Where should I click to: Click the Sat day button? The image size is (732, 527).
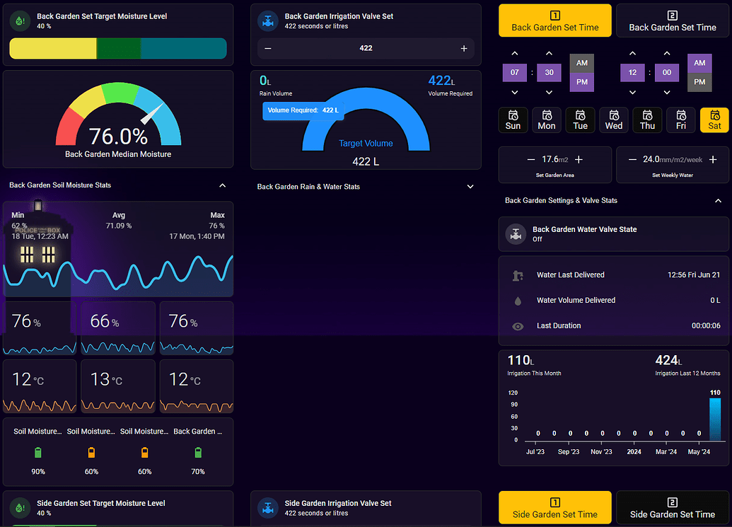714,120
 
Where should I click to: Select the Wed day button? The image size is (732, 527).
613,120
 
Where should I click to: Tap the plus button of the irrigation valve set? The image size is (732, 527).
463,49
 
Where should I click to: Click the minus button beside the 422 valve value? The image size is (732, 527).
268,49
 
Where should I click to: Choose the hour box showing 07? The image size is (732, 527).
514,72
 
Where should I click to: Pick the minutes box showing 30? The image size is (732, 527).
549,72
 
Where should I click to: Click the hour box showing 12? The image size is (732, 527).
632,72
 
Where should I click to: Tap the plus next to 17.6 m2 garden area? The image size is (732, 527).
579,160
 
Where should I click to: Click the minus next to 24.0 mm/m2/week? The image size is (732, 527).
632,160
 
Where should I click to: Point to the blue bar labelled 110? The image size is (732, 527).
715,419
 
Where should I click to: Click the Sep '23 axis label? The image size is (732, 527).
568,452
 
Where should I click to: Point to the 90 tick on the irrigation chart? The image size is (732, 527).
514,405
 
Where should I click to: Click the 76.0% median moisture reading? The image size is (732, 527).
118,137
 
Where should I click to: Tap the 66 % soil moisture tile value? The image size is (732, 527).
105,321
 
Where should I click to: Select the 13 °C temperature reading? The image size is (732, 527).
106,379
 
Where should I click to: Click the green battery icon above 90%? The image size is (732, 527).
38,452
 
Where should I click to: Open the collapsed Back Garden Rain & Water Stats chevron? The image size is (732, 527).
470,187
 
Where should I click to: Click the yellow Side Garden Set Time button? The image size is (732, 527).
555,507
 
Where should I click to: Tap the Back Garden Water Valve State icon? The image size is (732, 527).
516,234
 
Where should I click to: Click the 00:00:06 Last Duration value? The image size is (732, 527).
706,326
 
